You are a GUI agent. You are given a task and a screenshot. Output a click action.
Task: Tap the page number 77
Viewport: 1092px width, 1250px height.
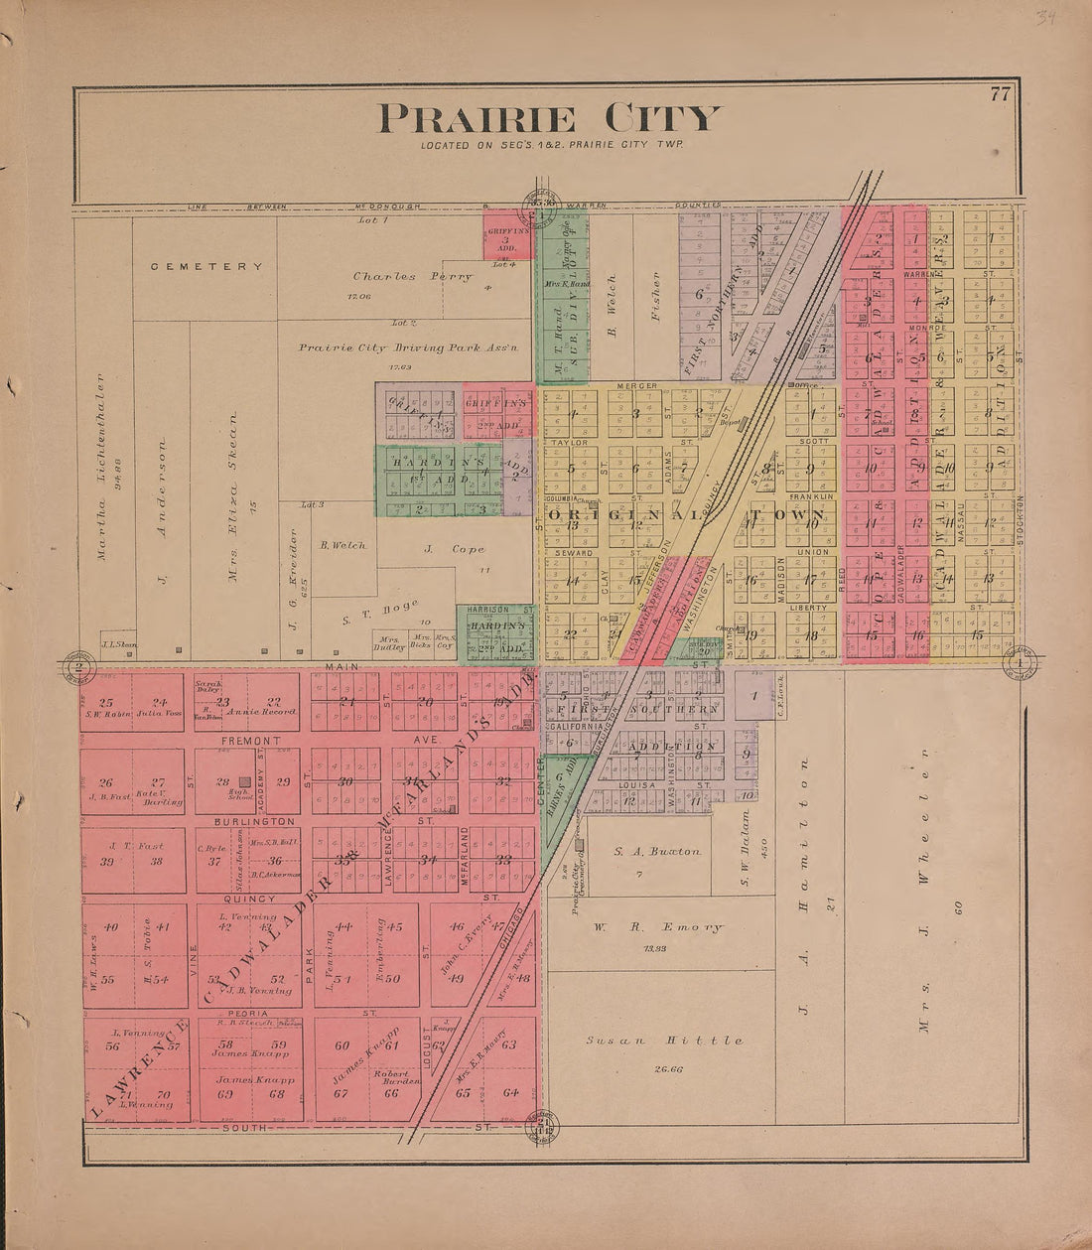[999, 95]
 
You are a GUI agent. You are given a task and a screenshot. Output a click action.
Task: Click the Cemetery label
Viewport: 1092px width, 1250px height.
[207, 266]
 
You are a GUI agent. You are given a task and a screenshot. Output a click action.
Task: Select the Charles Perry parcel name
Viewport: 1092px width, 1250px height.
[412, 277]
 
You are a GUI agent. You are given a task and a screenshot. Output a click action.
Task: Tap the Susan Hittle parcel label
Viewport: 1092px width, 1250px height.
[663, 1040]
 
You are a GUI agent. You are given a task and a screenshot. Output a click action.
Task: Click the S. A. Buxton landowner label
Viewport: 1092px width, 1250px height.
[657, 851]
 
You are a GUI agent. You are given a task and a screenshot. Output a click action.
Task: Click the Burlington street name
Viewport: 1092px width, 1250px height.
[254, 821]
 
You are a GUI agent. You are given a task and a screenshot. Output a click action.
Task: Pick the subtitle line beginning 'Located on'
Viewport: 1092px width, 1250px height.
[550, 146]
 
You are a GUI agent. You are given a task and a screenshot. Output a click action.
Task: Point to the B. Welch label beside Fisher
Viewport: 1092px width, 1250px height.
[612, 305]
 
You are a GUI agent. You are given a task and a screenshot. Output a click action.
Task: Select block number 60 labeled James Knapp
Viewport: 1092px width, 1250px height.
[342, 1045]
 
